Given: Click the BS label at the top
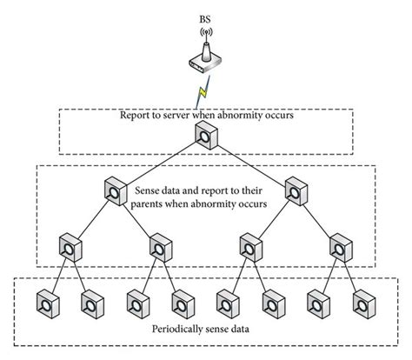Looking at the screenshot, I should [206, 15].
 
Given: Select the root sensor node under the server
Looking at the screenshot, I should [205, 135].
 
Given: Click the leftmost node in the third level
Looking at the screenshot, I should [67, 247].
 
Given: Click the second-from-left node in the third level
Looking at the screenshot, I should [159, 247].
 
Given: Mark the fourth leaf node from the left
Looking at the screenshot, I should [182, 303].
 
